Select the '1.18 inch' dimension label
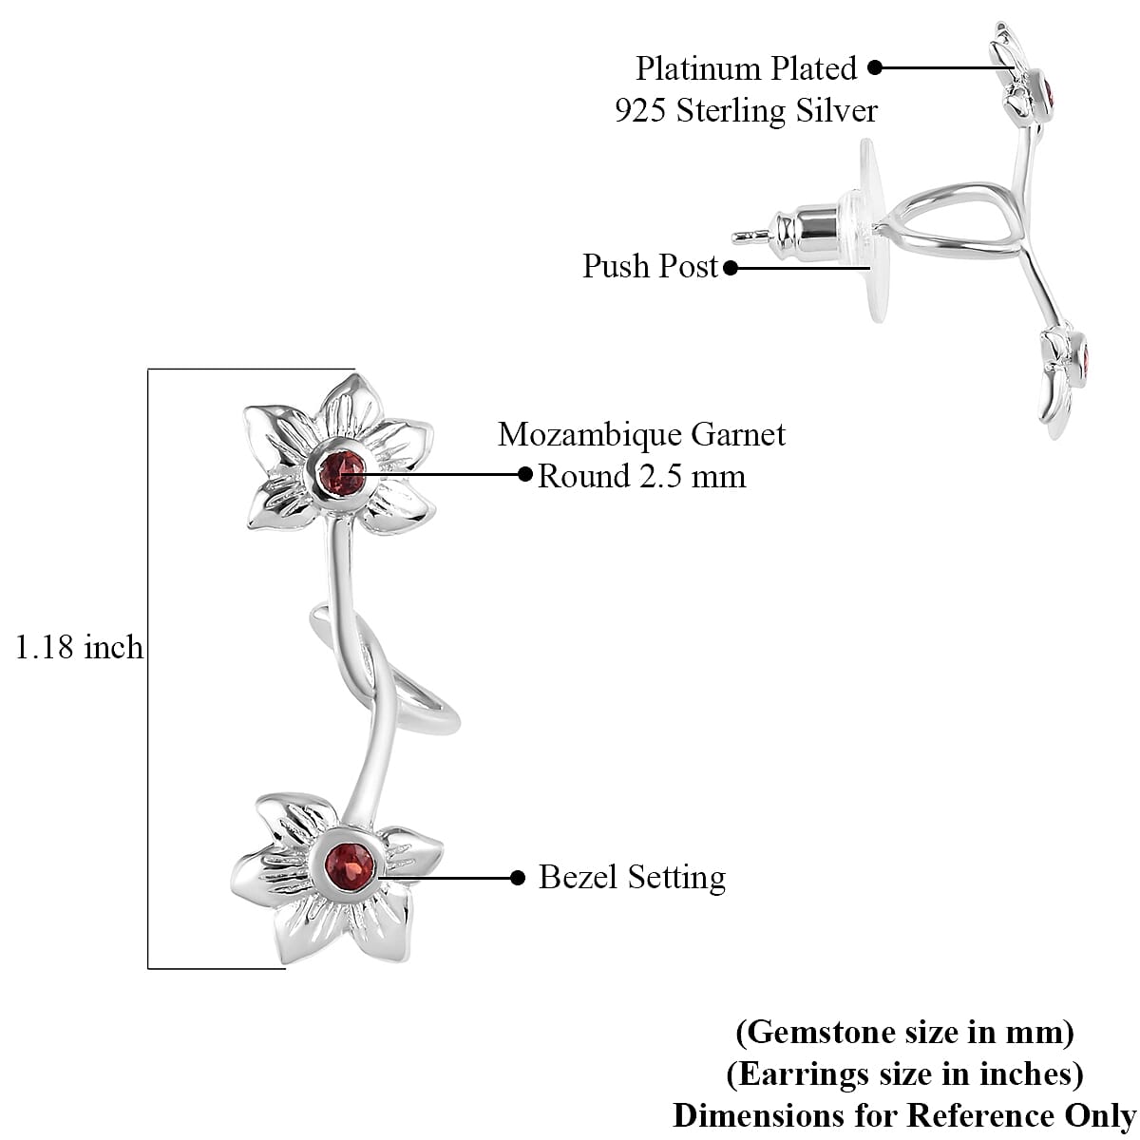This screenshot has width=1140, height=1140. coord(79,648)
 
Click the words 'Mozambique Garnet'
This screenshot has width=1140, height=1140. coord(641,435)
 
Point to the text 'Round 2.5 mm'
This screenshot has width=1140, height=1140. coord(641,476)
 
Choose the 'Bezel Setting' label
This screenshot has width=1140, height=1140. coord(632,877)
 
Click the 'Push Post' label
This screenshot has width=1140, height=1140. coord(651,266)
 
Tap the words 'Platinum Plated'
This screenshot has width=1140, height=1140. coord(746,68)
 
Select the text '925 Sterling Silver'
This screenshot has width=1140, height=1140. coord(746,111)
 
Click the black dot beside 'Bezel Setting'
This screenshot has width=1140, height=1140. coord(518,878)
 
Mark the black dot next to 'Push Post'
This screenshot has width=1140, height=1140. coord(731,268)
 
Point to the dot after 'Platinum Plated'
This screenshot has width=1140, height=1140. coord(875,67)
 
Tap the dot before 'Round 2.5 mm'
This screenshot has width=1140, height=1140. coord(525,473)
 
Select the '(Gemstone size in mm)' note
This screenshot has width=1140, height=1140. coord(904,1031)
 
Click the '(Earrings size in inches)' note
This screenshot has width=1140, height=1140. coord(904,1073)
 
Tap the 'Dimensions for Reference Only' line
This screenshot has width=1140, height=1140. coord(904,1114)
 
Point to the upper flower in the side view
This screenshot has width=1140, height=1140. coord(1026,81)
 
